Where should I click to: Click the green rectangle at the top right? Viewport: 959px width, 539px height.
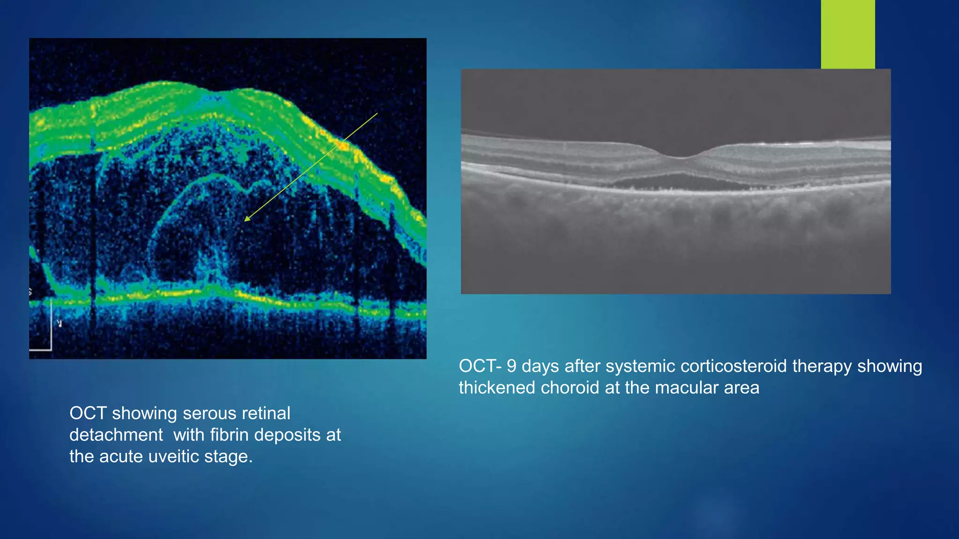pos(848,34)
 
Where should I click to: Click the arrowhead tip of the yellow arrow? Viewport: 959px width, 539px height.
pos(245,220)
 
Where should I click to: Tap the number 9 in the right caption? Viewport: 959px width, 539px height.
pos(511,366)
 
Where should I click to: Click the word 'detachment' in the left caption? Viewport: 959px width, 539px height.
pos(116,435)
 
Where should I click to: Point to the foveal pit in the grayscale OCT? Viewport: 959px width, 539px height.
pos(681,155)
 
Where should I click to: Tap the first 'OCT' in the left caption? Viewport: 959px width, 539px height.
pos(88,414)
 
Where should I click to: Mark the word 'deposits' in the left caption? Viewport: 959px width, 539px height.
pos(288,435)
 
